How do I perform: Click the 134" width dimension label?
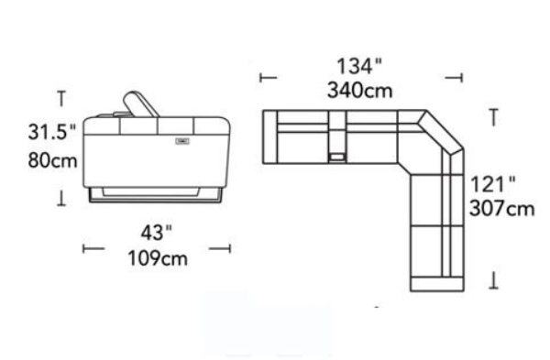(x=358, y=66)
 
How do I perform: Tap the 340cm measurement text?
(x=360, y=91)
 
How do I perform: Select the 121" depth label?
(x=492, y=184)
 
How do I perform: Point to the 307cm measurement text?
(x=502, y=208)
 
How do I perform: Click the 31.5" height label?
(x=52, y=132)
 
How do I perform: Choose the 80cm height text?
(x=52, y=160)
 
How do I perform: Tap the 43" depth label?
(x=157, y=233)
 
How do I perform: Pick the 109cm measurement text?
(x=158, y=258)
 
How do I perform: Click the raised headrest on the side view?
(x=139, y=104)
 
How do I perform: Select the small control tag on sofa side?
(x=182, y=141)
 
